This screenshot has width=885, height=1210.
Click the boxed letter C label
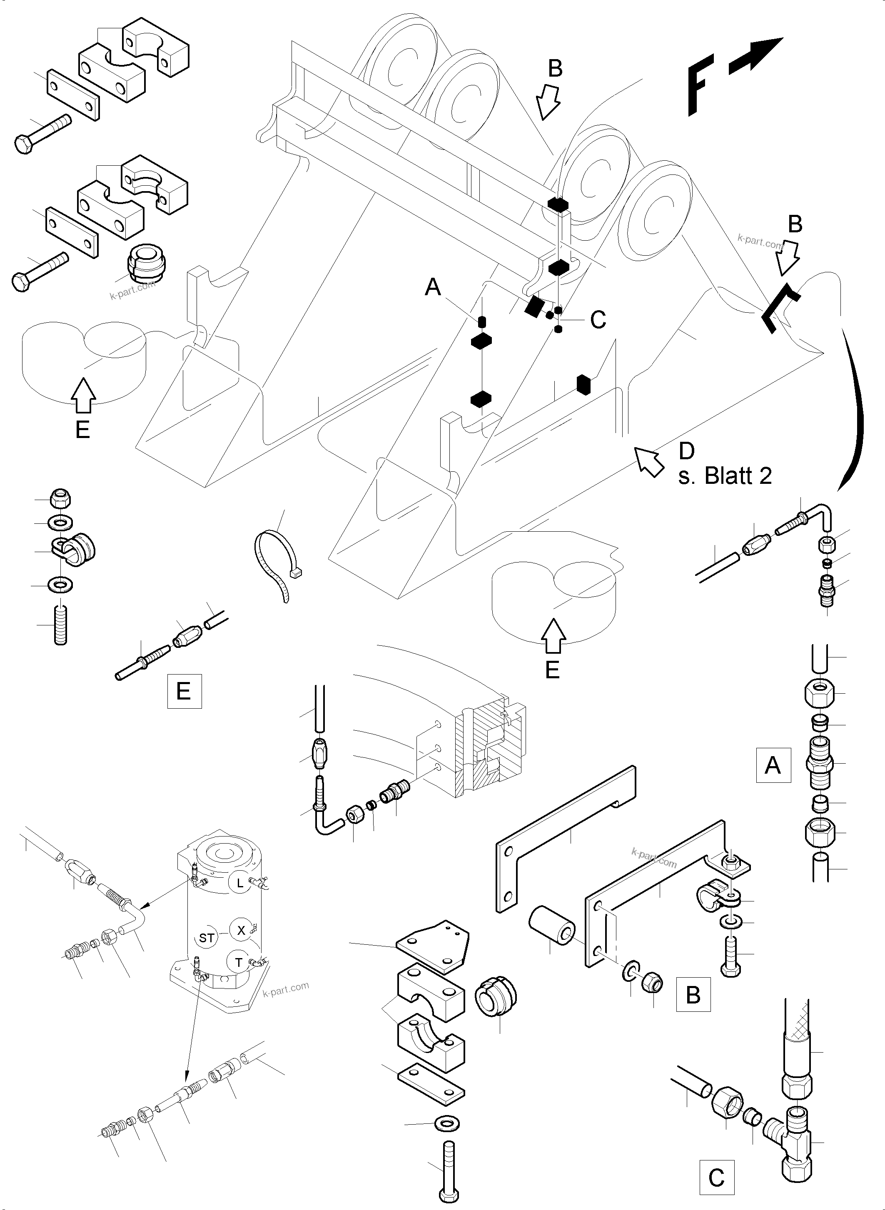(716, 1178)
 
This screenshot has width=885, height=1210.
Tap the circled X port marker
(241, 930)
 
